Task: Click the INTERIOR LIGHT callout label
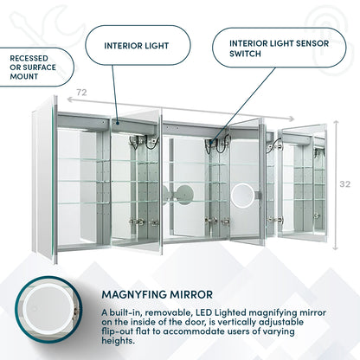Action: click(x=138, y=46)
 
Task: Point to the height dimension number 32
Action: click(x=344, y=183)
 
